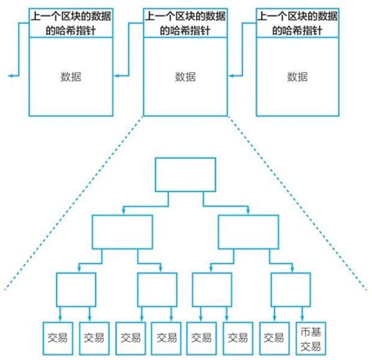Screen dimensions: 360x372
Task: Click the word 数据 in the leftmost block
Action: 71,77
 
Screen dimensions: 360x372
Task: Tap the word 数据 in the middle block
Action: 185,77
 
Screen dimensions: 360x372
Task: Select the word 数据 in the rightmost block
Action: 298,77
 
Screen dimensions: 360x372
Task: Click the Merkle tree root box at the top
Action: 185,174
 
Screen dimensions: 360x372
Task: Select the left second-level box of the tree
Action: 122,232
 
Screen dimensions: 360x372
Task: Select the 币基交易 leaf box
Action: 308,338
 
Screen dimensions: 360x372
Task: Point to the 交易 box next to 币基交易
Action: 272,338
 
